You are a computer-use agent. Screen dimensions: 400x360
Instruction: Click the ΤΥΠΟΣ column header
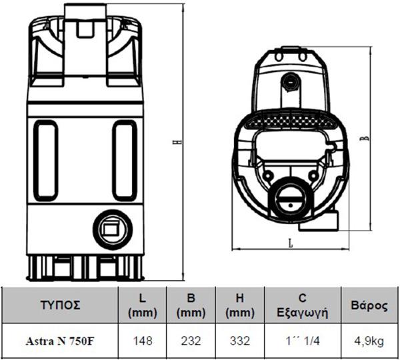60,305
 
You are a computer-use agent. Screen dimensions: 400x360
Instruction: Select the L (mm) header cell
143,305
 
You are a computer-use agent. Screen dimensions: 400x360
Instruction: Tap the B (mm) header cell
191,305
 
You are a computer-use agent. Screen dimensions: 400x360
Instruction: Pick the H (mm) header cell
240,305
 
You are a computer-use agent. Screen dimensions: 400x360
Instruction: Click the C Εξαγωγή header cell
302,305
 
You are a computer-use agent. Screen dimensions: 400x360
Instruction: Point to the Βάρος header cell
369,305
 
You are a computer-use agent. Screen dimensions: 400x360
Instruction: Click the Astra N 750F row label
61,341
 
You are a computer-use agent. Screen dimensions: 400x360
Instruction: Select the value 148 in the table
143,341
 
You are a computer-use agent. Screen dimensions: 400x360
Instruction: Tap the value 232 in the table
191,341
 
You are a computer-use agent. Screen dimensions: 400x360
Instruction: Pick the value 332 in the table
240,341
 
